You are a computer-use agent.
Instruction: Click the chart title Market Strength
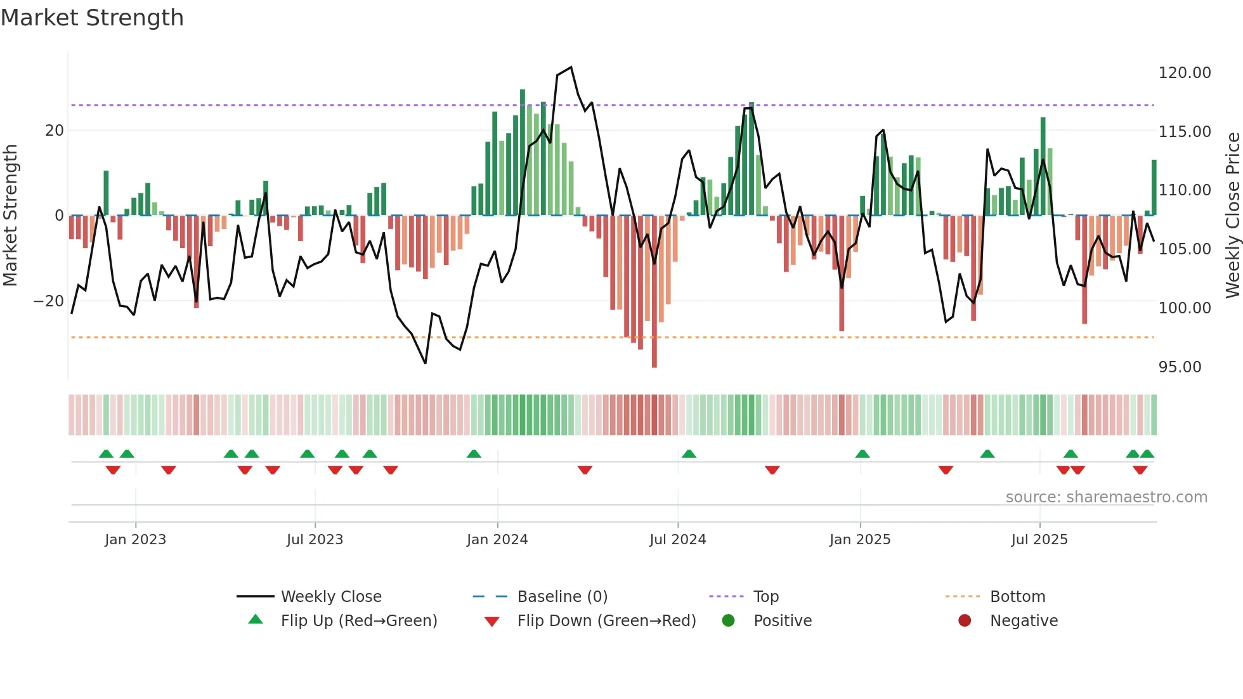coord(92,18)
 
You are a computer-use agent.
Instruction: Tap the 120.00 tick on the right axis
coord(1184,73)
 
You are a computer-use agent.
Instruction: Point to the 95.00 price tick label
coord(1180,367)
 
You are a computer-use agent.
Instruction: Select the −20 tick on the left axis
coord(49,301)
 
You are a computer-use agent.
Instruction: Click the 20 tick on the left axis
coord(54,131)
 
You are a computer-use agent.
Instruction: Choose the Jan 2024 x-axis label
coord(497,540)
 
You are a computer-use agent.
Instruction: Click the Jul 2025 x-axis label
coord(1039,540)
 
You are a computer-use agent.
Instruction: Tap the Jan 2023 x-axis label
coord(135,540)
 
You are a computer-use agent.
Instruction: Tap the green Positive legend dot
coord(728,621)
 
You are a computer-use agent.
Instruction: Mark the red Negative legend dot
coord(964,621)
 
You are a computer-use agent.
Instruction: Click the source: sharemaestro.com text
coord(1106,497)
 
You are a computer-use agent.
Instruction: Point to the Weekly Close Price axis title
coord(1232,216)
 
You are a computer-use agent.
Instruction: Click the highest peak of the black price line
coord(571,67)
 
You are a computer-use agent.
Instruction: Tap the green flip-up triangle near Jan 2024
coord(474,454)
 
